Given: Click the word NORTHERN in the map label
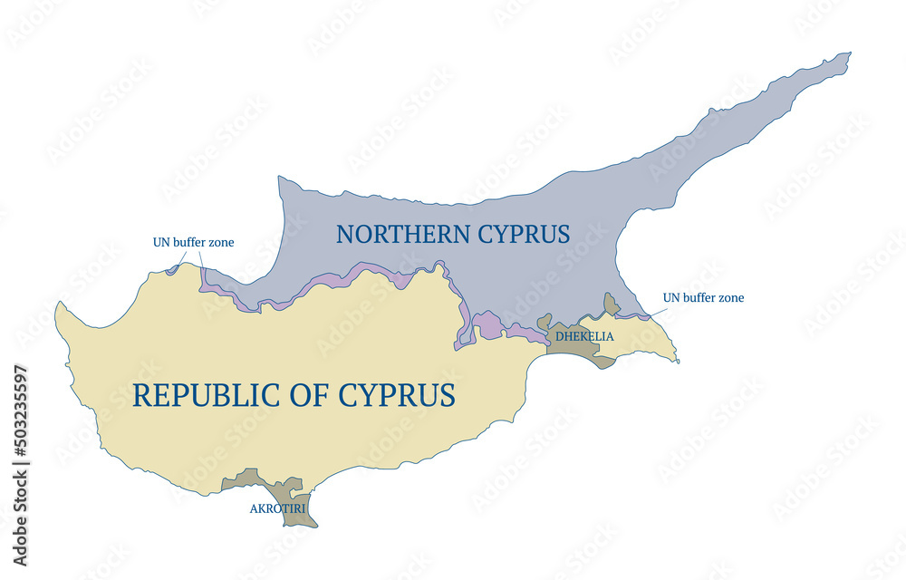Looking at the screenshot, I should (x=395, y=234).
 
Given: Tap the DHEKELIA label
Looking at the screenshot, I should (x=584, y=337).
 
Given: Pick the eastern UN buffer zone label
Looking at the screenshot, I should (x=703, y=297).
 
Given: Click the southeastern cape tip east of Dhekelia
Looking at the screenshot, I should (x=678, y=362).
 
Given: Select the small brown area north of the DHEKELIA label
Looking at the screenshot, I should (x=612, y=304).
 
